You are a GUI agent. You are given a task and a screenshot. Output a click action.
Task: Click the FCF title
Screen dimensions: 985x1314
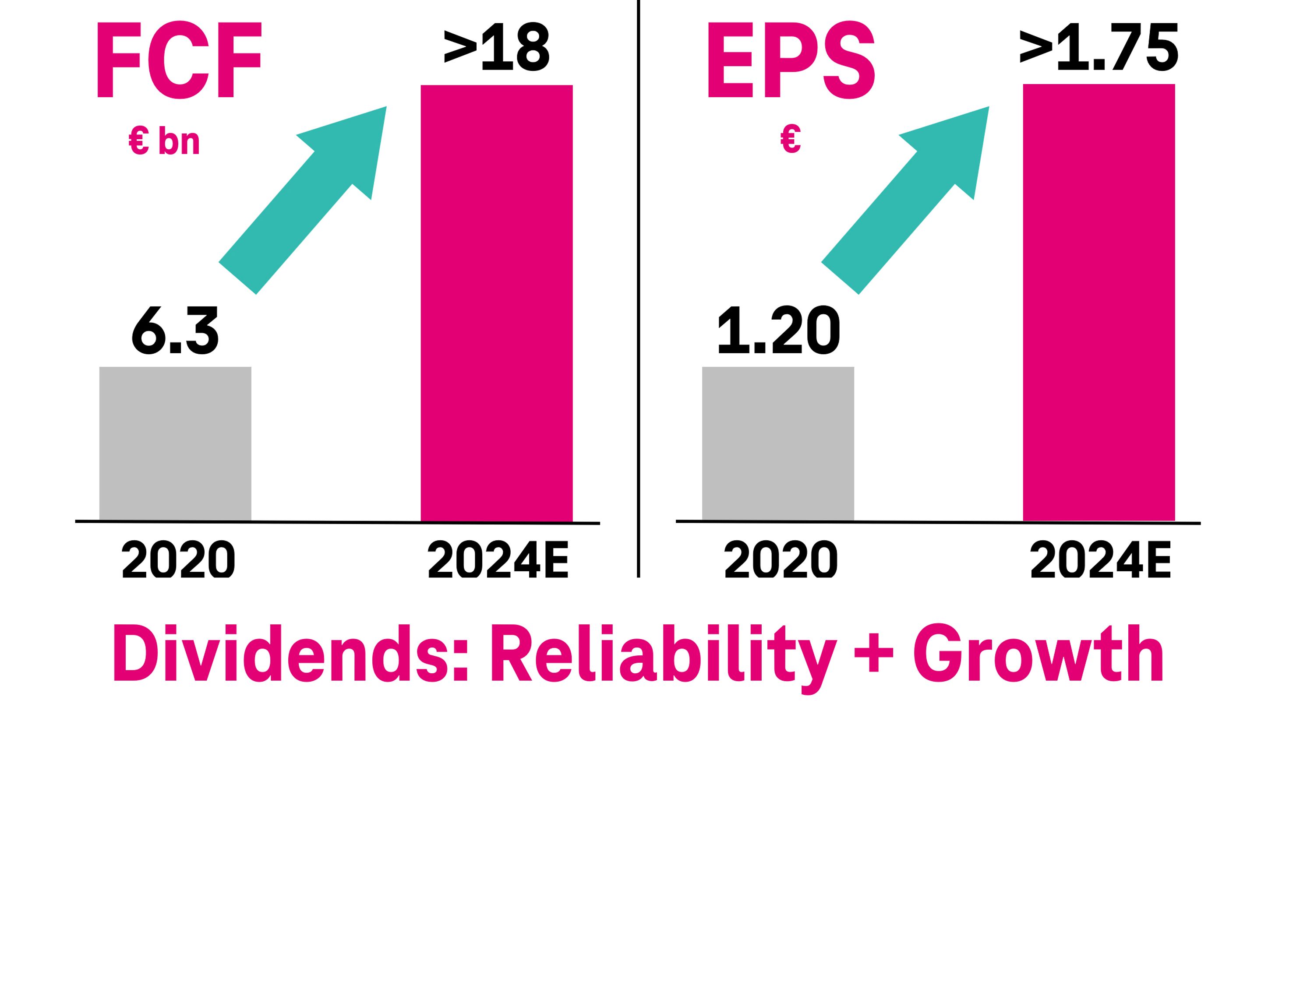(178, 60)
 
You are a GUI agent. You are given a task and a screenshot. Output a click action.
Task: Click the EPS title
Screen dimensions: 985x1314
(790, 60)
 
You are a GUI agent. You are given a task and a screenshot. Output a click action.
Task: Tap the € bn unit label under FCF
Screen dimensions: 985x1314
(164, 141)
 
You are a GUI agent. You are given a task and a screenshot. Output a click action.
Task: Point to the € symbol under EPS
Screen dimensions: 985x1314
(791, 139)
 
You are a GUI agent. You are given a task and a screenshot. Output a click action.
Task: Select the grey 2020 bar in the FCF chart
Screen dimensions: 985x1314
(175, 443)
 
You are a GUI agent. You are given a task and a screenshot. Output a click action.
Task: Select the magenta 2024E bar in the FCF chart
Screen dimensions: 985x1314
(497, 303)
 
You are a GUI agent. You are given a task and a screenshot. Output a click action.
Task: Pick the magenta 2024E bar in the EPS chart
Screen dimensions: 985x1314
(1099, 303)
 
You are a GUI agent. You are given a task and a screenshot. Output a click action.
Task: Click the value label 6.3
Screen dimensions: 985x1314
(175, 331)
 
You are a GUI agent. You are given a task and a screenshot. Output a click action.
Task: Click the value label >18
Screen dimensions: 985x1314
(497, 47)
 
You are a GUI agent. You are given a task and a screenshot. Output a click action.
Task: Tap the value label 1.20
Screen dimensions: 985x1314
(779, 331)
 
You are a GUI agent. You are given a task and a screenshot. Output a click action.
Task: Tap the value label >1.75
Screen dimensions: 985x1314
(1099, 47)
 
